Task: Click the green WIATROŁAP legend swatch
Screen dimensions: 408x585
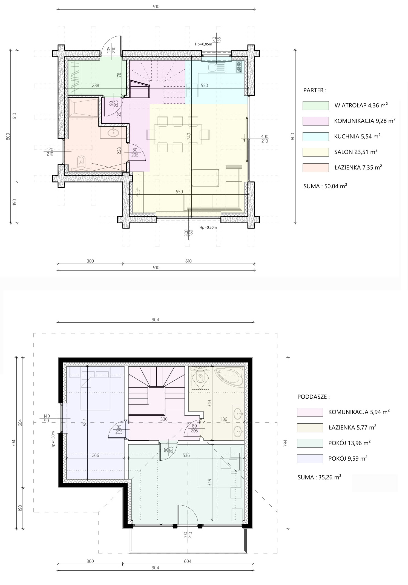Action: click(x=315, y=105)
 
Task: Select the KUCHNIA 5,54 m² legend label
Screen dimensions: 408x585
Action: click(x=357, y=136)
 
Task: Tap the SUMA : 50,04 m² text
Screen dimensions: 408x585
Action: click(x=325, y=186)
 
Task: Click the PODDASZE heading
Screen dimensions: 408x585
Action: click(x=314, y=397)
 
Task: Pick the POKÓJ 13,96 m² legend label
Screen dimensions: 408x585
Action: click(x=349, y=443)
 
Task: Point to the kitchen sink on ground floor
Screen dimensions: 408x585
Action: click(x=216, y=67)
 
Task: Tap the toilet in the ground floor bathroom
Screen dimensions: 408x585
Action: click(x=81, y=162)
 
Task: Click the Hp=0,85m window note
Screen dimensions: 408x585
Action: click(x=203, y=44)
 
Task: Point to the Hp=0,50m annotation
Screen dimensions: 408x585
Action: click(x=208, y=227)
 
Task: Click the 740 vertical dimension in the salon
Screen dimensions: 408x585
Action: click(x=189, y=136)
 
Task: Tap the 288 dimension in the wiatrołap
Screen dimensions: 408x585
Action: click(x=95, y=85)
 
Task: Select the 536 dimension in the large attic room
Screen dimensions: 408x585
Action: click(x=186, y=455)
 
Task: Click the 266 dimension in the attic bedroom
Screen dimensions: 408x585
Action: click(x=95, y=455)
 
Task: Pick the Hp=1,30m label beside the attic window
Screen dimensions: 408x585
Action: click(x=53, y=440)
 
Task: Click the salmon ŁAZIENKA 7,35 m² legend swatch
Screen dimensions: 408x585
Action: click(x=315, y=168)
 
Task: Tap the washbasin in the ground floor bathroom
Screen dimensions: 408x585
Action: click(x=113, y=133)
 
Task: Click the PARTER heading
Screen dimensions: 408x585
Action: click(x=315, y=90)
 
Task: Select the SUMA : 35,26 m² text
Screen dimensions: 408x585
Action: click(x=319, y=477)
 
